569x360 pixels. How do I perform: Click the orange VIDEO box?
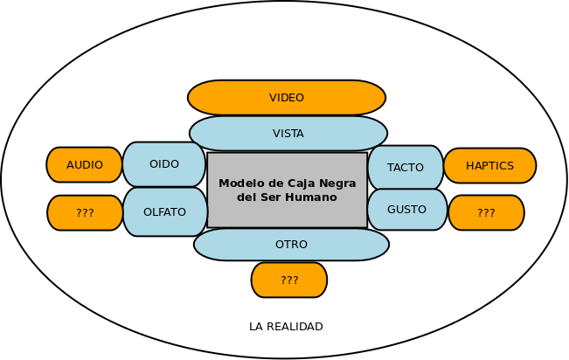click(x=287, y=98)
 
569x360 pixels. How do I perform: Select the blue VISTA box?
click(x=288, y=134)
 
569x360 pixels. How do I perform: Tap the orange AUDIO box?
click(x=85, y=164)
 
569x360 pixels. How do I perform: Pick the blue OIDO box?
click(x=164, y=164)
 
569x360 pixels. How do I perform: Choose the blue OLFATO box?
click(x=164, y=211)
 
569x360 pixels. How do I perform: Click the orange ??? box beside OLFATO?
click(x=85, y=212)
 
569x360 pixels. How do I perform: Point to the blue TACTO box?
click(x=406, y=167)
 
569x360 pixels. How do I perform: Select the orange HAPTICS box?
click(x=489, y=165)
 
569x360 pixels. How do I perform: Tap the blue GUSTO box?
click(x=406, y=210)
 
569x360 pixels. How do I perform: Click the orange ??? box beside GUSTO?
click(x=486, y=212)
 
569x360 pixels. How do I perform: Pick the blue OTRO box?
click(x=291, y=245)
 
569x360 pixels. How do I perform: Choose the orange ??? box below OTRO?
click(x=289, y=280)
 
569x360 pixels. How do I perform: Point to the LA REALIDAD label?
click(x=286, y=327)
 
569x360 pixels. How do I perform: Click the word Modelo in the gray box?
click(x=239, y=183)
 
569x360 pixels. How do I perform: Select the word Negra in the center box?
click(x=337, y=183)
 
